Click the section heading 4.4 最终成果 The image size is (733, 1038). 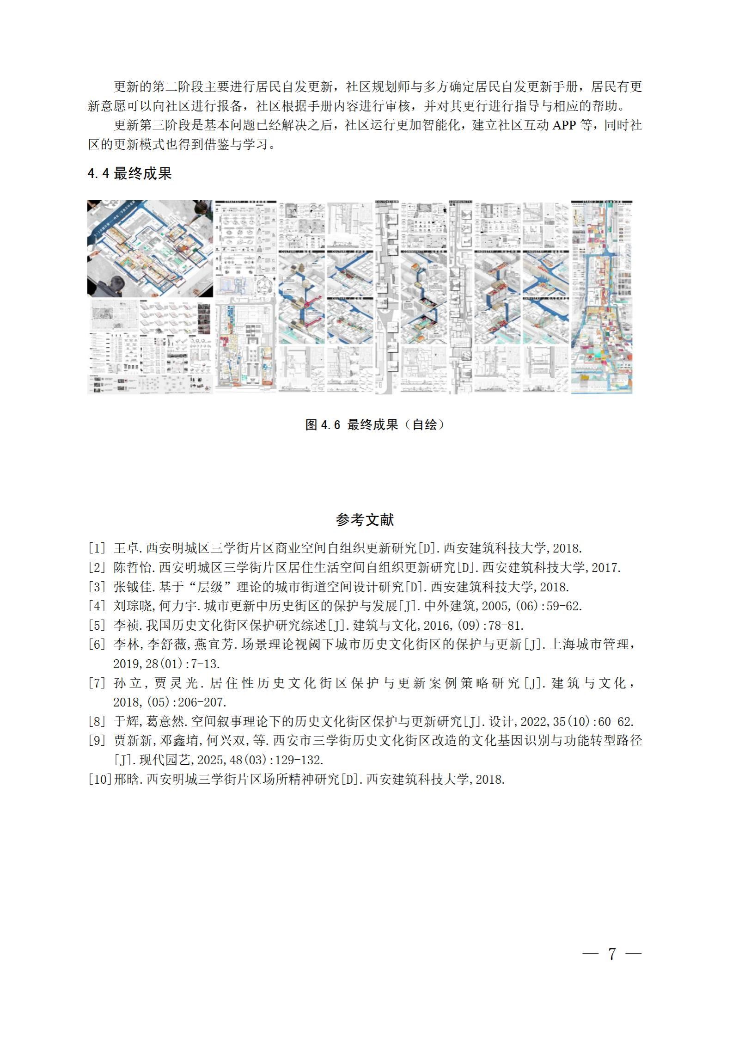tap(129, 173)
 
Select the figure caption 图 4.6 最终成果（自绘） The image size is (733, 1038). tap(375, 425)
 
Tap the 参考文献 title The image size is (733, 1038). tap(365, 520)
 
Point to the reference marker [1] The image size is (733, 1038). tap(98, 549)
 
